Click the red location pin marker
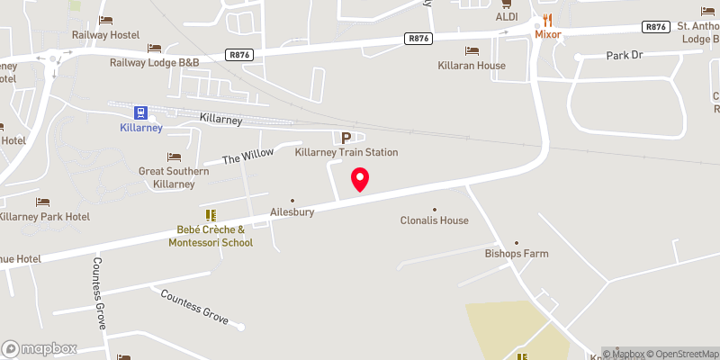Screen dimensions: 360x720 click(360, 178)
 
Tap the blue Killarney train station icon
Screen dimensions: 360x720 click(141, 112)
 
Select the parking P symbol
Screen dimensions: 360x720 click(346, 138)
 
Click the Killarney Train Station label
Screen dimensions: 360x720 click(346, 153)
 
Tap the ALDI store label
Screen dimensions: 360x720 click(506, 17)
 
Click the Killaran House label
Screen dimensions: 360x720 click(471, 66)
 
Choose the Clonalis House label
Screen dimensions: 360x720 click(435, 220)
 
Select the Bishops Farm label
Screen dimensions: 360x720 click(517, 254)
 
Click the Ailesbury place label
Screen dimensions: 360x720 click(292, 213)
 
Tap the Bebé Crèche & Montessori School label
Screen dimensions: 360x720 click(211, 236)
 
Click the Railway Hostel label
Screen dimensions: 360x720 click(105, 35)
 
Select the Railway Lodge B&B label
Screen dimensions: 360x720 click(154, 62)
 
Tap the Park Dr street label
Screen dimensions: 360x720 click(627, 55)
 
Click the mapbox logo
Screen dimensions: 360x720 click(40, 348)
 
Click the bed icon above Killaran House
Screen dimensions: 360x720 click(471, 50)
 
